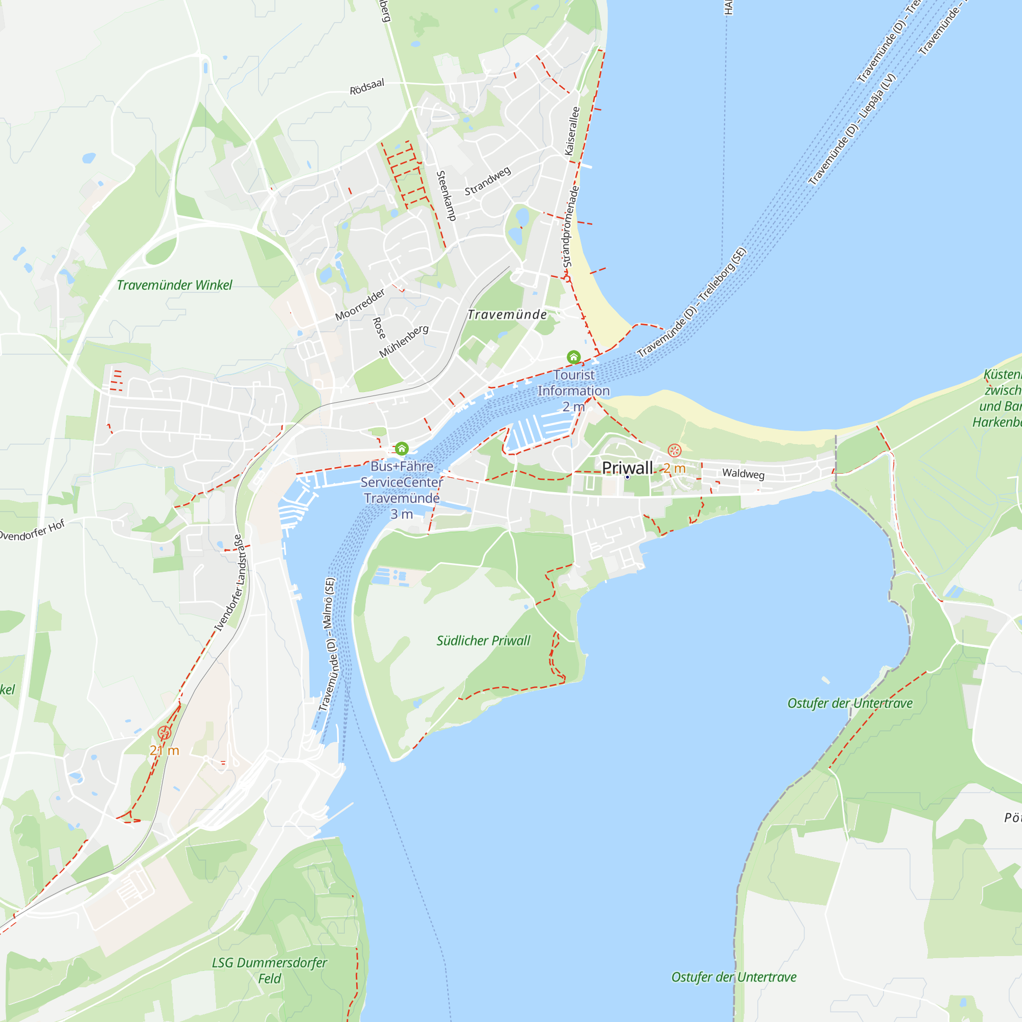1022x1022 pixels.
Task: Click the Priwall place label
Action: (x=628, y=468)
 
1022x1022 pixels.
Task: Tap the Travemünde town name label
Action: (x=507, y=315)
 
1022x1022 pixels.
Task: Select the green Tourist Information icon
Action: (x=573, y=357)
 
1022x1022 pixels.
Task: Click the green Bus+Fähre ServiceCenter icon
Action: (x=402, y=449)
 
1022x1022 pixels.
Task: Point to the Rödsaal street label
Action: (x=366, y=87)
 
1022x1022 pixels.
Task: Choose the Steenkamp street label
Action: (x=446, y=195)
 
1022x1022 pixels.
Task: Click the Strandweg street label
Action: (x=487, y=181)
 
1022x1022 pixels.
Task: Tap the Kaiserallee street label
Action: (x=572, y=131)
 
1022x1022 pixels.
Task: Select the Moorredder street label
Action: (x=360, y=305)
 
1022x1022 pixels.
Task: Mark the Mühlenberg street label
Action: (x=404, y=341)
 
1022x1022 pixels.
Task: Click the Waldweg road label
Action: (x=743, y=474)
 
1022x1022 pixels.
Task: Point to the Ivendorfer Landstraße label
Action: (x=230, y=583)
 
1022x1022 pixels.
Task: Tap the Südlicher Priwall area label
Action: (x=483, y=641)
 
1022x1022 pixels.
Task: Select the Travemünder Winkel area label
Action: (x=174, y=285)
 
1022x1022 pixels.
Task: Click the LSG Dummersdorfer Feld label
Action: (x=269, y=970)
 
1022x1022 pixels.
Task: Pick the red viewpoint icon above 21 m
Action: (x=164, y=733)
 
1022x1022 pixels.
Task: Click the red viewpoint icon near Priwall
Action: (x=674, y=450)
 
